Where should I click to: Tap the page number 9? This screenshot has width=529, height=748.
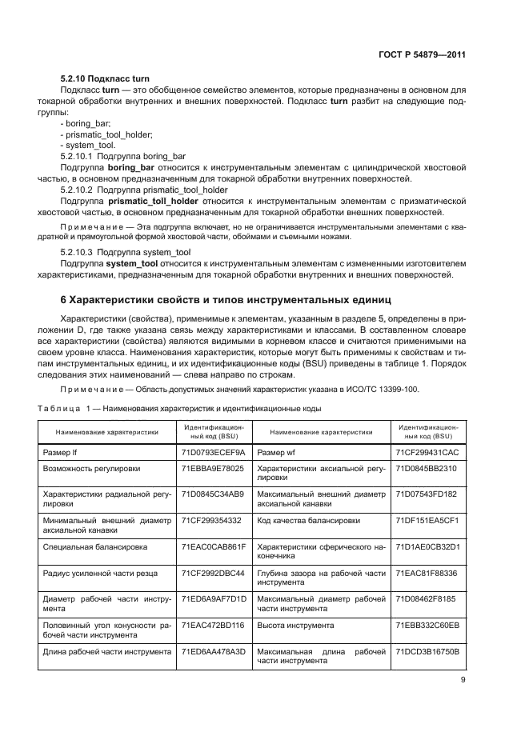tap(463, 680)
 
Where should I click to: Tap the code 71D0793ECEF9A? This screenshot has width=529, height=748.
tap(213, 452)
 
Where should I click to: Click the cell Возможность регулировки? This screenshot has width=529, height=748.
tap(91, 468)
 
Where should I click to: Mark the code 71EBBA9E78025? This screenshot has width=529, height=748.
tap(213, 468)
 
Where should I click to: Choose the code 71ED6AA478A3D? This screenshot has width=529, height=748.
tap(213, 651)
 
